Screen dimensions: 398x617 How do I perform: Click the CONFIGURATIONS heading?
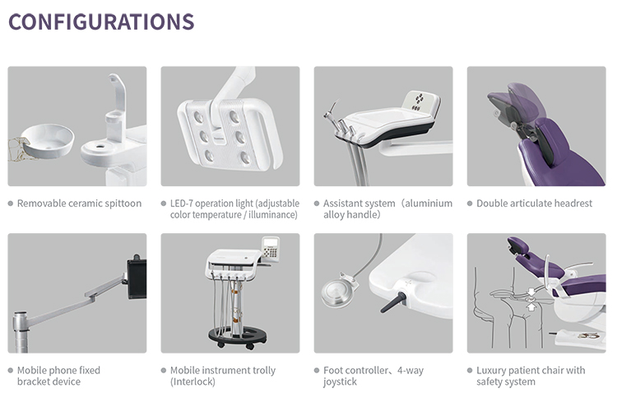click(x=101, y=21)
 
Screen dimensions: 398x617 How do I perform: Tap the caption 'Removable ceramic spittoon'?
click(x=79, y=204)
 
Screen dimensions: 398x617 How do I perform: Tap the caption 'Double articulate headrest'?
click(x=534, y=204)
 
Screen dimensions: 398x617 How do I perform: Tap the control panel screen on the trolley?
click(x=273, y=246)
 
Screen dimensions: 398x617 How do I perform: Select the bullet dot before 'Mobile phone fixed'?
click(x=11, y=370)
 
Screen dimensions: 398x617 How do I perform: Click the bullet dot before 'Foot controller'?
click(x=317, y=370)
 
